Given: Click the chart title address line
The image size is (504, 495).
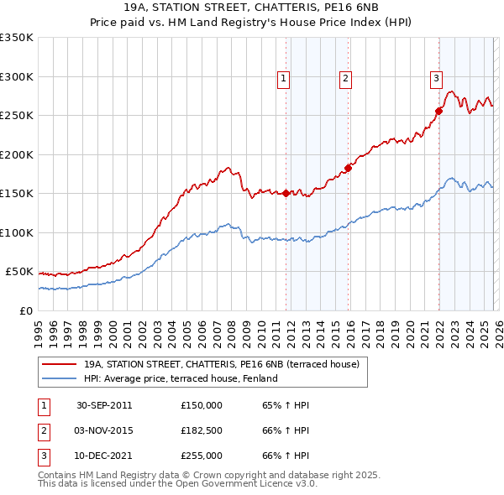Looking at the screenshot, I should coord(251,7).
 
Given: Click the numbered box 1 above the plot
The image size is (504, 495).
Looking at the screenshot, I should coord(283,79).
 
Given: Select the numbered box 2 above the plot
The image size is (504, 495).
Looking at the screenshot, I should coord(345,79).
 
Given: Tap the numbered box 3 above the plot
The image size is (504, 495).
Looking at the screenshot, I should coord(436,79).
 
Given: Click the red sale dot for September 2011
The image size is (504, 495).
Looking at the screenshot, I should coord(286,193).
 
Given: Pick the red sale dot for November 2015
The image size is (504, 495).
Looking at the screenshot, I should coord(348,168).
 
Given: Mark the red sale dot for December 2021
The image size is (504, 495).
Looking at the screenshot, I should coord(438,111).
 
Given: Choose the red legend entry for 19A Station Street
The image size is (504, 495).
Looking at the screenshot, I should coord(221,364).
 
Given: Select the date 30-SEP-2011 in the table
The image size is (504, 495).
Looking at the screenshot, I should coord(104,405).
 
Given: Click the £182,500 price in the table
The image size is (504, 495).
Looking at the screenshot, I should coord(202,430).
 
